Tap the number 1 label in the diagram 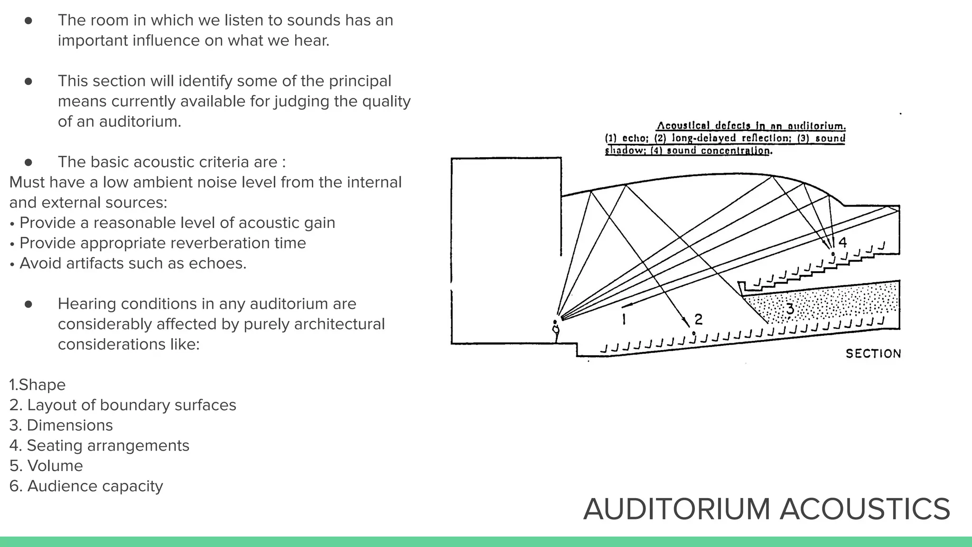[624, 319]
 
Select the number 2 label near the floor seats [698, 319]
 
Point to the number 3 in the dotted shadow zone [790, 309]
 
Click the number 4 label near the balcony [842, 242]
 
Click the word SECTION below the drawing [873, 354]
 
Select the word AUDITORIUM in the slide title [676, 509]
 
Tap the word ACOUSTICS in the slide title [865, 509]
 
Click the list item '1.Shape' [37, 385]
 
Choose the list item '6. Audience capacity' [86, 486]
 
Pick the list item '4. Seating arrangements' [99, 445]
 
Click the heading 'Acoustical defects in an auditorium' [751, 126]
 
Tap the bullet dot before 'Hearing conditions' [28, 304]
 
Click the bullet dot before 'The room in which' [28, 20]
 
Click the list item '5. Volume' [46, 466]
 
